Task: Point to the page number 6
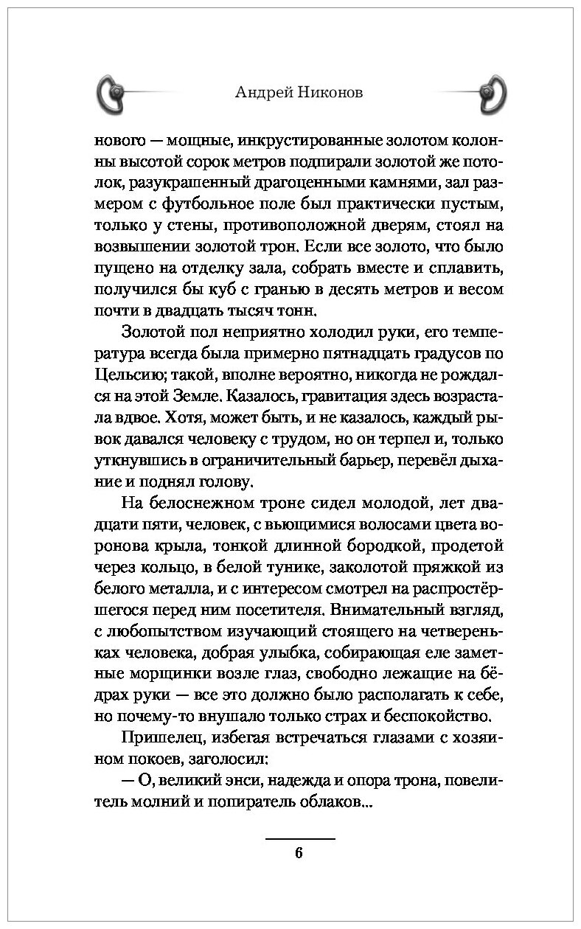299,854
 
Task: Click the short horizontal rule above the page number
299,839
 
